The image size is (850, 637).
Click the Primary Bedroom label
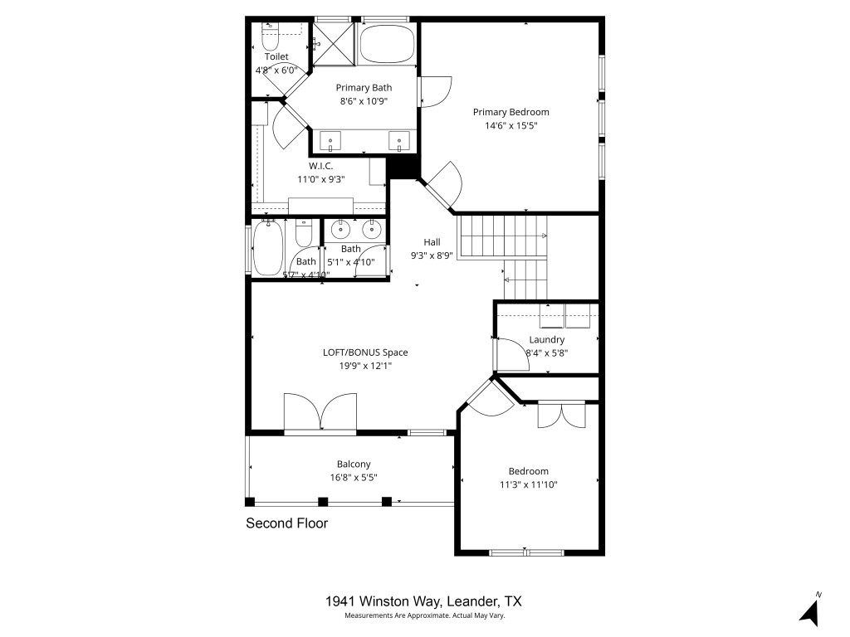click(x=510, y=112)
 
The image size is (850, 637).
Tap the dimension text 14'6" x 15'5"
click(x=510, y=126)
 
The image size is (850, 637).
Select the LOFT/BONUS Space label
click(x=365, y=352)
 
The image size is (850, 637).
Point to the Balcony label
click(x=354, y=464)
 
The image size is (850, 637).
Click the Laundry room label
click(x=546, y=339)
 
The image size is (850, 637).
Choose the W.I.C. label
click(x=321, y=165)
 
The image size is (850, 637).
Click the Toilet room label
click(x=276, y=56)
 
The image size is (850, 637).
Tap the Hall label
click(x=432, y=242)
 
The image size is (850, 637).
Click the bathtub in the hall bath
click(x=268, y=248)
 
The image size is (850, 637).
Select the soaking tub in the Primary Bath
click(x=388, y=44)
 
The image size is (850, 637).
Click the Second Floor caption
click(x=286, y=523)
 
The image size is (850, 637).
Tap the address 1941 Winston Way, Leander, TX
click(x=424, y=601)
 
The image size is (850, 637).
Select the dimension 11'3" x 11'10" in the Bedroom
click(x=528, y=484)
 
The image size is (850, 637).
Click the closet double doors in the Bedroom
click(x=562, y=415)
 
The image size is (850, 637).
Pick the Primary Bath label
click(x=364, y=87)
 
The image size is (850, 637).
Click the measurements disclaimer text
click(x=424, y=615)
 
